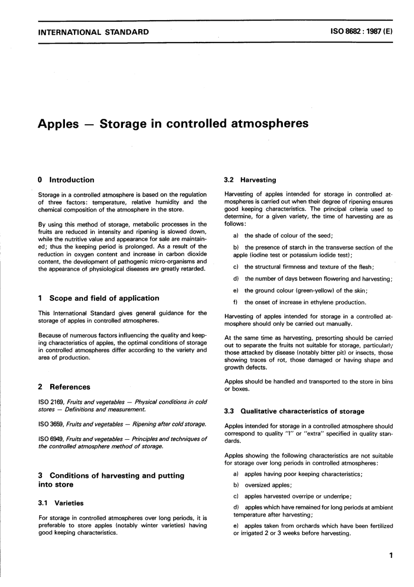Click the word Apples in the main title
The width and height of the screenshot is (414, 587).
pos(58,124)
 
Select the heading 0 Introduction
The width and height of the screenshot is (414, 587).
pos(66,180)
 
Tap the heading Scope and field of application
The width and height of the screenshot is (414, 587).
pos(104,298)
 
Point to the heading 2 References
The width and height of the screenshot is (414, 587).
pos(64,387)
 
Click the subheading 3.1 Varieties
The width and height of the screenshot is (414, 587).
pos(61,503)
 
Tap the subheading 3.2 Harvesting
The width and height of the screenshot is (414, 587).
pos(250,180)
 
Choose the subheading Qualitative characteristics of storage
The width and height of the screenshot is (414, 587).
pos(302,411)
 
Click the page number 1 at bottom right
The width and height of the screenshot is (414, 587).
pos(391,555)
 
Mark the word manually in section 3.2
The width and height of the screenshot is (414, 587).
pos(339,324)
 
